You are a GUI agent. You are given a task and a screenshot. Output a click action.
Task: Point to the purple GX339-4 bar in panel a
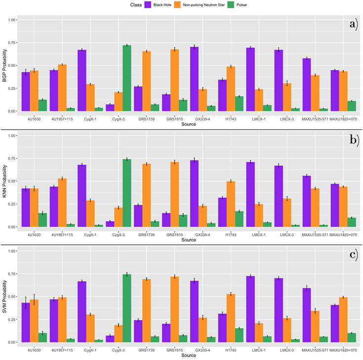(195, 79)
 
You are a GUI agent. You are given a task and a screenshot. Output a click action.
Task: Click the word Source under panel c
(188, 355)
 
